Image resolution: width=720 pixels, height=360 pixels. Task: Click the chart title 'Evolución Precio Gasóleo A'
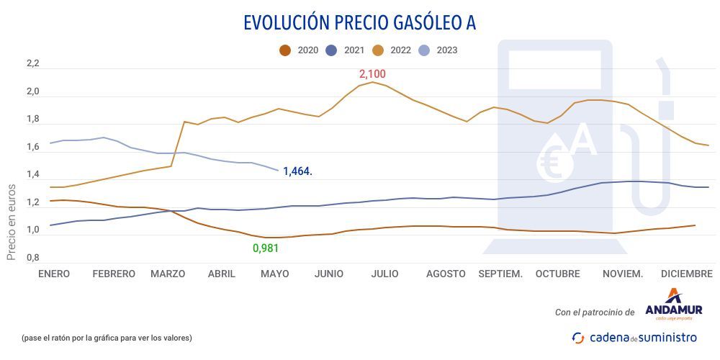tap(359, 22)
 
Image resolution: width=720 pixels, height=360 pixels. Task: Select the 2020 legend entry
tap(300, 50)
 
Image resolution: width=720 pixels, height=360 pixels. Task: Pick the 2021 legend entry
tap(346, 50)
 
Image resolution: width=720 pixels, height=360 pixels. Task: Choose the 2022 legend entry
tap(393, 50)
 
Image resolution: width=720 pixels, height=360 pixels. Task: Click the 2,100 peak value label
tap(372, 74)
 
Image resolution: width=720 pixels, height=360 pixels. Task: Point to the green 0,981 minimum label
tap(265, 248)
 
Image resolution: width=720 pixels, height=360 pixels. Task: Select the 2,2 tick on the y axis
tap(32, 64)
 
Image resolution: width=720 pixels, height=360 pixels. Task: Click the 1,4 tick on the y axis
tap(32, 175)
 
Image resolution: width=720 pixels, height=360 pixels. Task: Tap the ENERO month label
tap(54, 274)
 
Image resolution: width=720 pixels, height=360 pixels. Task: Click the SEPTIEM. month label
tap(500, 274)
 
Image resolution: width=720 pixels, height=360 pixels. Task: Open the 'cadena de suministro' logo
tap(634, 337)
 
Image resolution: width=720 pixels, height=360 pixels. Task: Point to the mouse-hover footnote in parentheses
tap(107, 337)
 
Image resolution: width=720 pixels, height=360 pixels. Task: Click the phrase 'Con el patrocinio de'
tap(595, 312)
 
